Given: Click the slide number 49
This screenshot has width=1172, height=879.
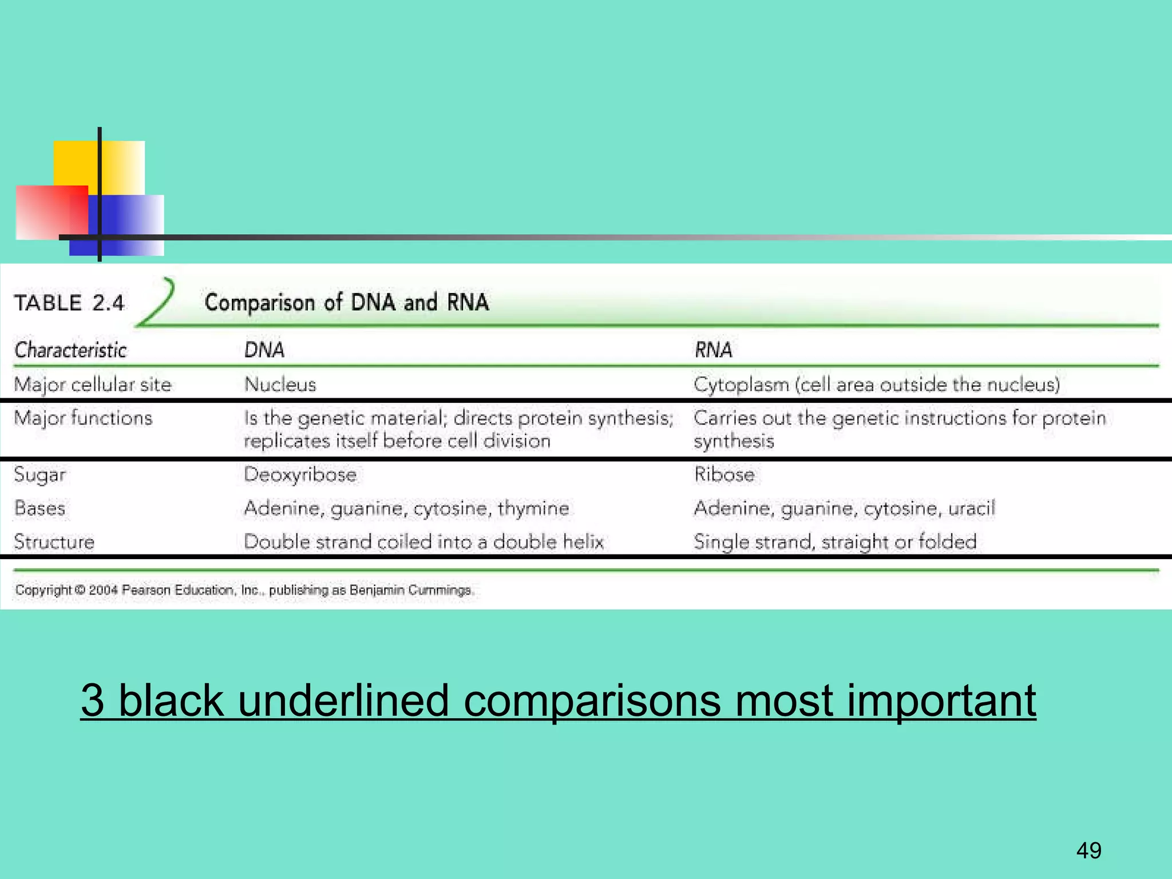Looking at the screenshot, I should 1088,850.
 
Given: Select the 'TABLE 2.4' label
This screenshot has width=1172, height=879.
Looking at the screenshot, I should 69,303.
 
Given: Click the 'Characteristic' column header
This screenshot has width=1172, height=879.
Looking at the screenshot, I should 70,350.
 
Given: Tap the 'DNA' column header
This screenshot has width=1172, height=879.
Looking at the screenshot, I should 264,350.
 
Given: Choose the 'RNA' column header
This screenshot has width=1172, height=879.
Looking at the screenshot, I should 713,350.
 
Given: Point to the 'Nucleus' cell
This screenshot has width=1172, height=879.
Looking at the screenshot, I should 280,385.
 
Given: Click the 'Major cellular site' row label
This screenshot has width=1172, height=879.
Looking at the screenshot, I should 93,385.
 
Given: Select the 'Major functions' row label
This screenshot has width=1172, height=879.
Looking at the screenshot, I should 84,418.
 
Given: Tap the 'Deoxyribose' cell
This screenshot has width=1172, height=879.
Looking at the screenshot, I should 300,474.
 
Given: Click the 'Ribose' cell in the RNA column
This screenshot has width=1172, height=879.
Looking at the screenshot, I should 724,474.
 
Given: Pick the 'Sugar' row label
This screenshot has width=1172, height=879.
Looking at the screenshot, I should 39,475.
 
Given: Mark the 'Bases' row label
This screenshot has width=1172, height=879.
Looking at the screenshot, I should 39,508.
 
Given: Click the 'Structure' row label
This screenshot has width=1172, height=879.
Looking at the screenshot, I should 54,542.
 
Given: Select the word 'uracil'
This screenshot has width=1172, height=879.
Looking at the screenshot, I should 972,508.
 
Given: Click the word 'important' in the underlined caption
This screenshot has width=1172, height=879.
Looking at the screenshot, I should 941,700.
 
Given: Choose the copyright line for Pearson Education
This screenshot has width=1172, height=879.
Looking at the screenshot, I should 244,590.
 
